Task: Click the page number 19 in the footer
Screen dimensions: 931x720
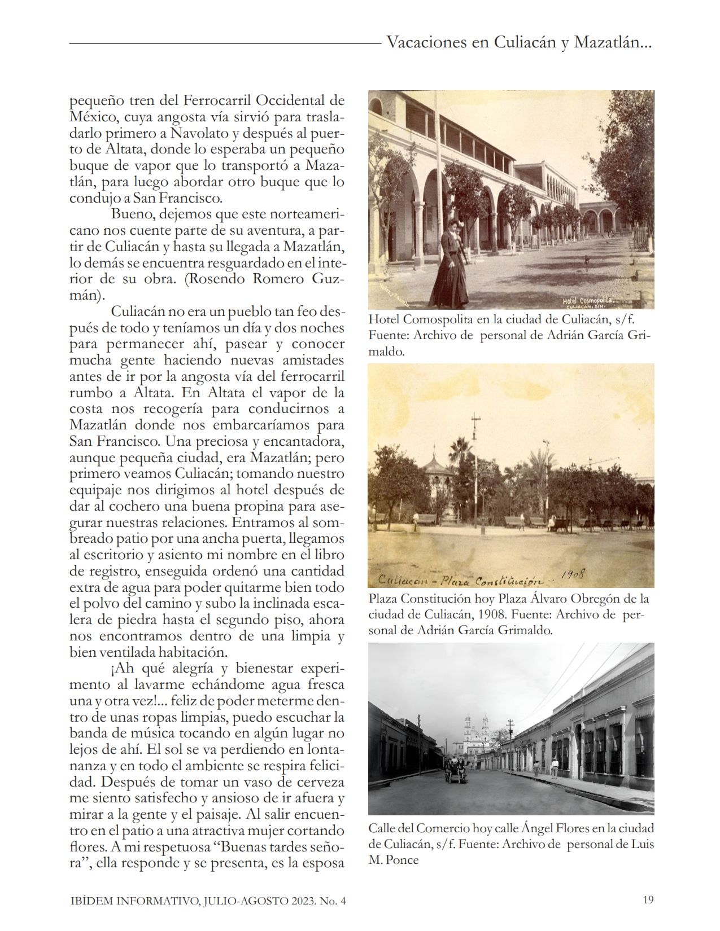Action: coord(648,899)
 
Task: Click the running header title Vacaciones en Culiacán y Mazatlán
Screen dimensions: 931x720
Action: coord(519,43)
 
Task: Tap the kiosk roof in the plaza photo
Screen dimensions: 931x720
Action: coord(438,466)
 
